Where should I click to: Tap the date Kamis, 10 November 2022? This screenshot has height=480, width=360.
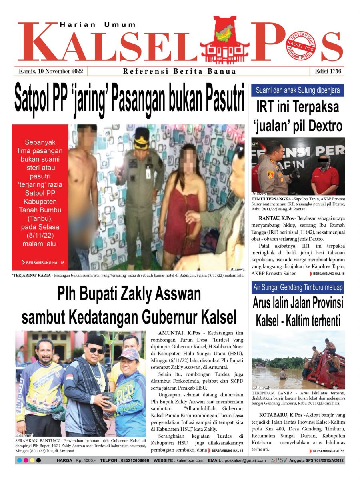pyautogui.click(x=51, y=72)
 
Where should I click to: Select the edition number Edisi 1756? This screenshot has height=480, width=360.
pyautogui.click(x=327, y=72)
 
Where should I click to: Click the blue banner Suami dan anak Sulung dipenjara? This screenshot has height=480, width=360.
pyautogui.click(x=297, y=90)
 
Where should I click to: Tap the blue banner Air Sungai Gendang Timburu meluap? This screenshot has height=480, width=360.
pyautogui.click(x=297, y=288)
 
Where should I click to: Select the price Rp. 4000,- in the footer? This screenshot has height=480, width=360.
pyautogui.click(x=85, y=460)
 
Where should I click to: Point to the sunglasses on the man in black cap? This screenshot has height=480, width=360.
pyautogui.click(x=96, y=350)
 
